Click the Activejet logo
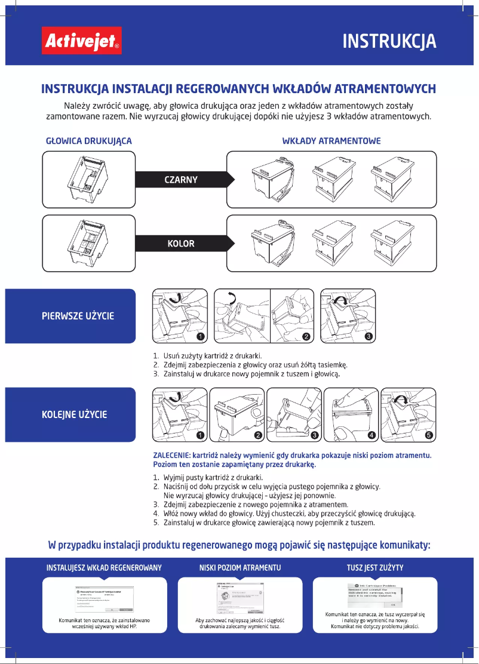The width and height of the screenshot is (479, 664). click(x=82, y=41)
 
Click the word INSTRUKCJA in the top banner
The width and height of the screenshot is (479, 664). click(x=389, y=41)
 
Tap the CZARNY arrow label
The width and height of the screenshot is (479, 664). click(x=180, y=179)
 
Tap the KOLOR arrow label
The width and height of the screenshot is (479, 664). click(x=180, y=244)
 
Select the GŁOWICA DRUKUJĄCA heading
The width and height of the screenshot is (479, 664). click(x=89, y=141)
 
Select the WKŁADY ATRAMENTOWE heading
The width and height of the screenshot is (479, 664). click(x=331, y=141)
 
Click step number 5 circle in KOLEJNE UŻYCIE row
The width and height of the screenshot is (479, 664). click(x=428, y=435)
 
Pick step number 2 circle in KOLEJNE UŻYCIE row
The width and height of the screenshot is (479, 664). click(x=258, y=435)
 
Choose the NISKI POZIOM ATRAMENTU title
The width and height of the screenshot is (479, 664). click(x=240, y=567)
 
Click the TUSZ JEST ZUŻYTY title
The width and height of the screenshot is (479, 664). click(x=375, y=567)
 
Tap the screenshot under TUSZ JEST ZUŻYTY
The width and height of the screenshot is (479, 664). click(x=375, y=595)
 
